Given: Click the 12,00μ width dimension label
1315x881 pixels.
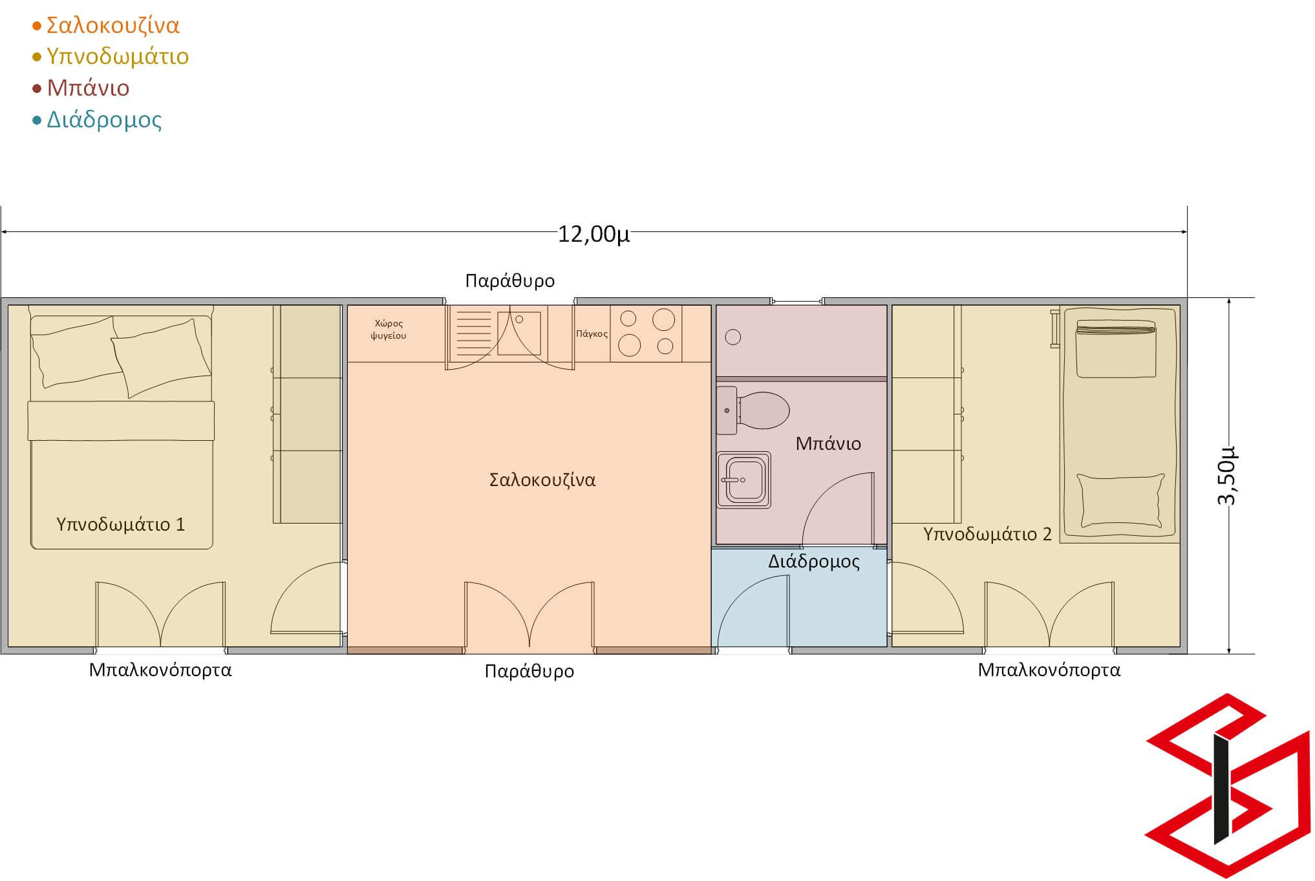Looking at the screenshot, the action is [593, 233].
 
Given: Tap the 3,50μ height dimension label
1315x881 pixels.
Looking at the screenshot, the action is [1226, 475].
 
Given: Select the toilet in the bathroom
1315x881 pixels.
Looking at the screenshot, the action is [753, 410].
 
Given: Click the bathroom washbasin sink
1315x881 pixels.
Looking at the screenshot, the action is [743, 480].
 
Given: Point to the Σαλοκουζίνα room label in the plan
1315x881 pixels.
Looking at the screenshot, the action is [542, 480].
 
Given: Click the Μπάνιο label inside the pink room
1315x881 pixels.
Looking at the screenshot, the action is [828, 443].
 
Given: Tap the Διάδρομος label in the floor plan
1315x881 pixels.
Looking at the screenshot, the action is [814, 561].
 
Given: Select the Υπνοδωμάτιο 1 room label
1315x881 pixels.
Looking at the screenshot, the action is [121, 524].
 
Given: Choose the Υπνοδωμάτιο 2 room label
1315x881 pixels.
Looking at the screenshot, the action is [987, 534].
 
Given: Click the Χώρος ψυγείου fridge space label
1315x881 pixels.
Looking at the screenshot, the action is [389, 330].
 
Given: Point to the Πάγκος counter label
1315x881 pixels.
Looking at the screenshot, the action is [592, 334].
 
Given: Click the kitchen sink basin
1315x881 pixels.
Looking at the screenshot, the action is [519, 333].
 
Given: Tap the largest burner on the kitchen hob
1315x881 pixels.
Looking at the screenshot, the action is [664, 319].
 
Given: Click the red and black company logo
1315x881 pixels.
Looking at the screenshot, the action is [1228, 785].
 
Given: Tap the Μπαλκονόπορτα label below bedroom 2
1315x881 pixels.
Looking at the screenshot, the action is [1049, 670].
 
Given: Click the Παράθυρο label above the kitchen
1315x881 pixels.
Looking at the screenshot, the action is [510, 281].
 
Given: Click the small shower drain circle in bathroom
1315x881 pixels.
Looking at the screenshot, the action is [733, 337].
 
